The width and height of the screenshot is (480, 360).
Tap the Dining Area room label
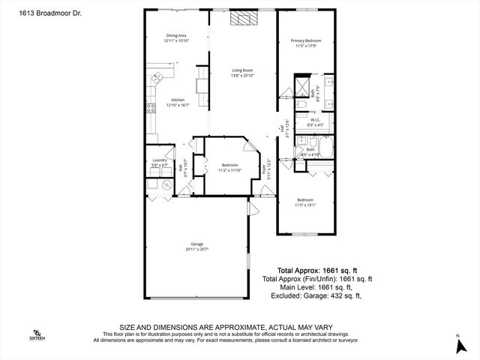tap(177, 38)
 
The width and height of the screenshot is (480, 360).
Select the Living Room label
tap(242, 73)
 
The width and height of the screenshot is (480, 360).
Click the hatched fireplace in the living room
tap(242, 19)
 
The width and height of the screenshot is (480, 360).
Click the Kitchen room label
tap(178, 102)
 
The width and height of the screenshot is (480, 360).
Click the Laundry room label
tap(159, 162)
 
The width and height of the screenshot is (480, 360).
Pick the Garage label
tap(197, 246)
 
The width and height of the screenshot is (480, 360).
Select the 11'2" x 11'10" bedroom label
tap(229, 166)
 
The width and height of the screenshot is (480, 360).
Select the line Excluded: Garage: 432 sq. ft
tap(316, 295)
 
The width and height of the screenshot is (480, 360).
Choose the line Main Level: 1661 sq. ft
tap(316, 286)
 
